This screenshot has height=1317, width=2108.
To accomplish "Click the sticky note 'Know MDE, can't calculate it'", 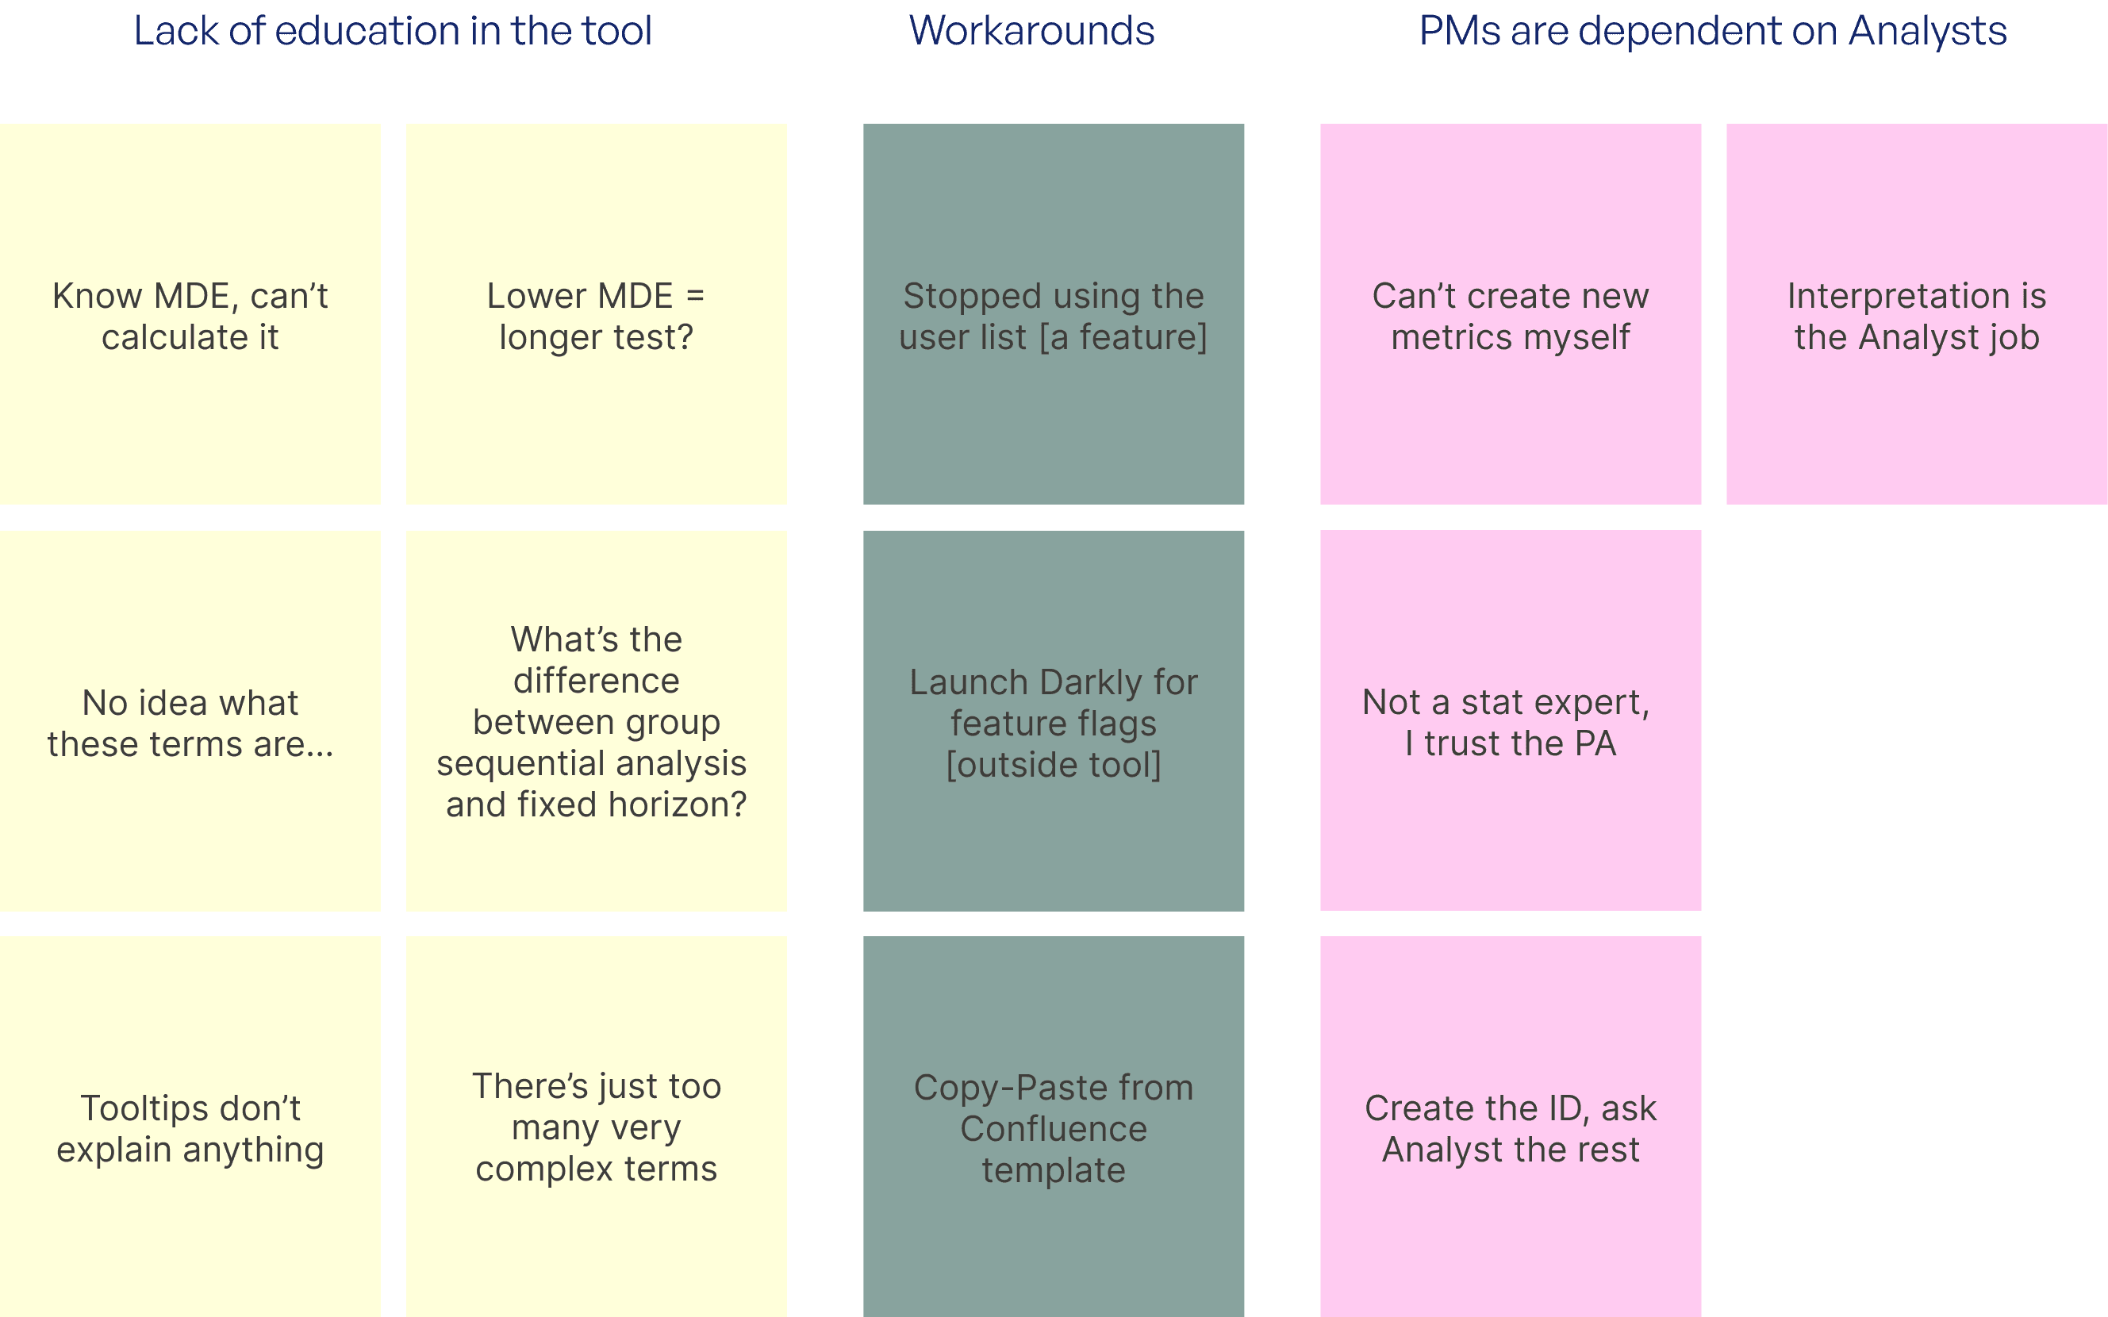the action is click(x=190, y=313).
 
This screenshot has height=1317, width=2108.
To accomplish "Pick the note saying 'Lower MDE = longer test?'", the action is click(x=597, y=313).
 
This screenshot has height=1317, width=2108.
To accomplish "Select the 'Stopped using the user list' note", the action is click(x=1053, y=313).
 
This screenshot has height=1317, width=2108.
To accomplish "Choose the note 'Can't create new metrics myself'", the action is click(x=1511, y=313).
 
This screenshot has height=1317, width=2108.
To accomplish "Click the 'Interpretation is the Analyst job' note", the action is click(x=1916, y=313).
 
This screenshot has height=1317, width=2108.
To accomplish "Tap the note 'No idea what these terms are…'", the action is click(x=190, y=721).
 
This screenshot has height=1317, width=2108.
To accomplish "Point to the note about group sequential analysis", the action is click(x=597, y=721).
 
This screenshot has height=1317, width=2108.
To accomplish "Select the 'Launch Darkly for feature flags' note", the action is click(x=1053, y=721).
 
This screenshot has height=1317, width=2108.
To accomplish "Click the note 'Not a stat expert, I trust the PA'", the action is click(x=1511, y=720).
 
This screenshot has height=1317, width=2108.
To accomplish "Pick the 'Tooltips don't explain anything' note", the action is click(x=190, y=1127).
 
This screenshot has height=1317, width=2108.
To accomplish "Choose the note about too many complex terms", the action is click(x=597, y=1127).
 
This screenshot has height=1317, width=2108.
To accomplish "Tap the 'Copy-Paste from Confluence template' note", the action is click(x=1053, y=1127).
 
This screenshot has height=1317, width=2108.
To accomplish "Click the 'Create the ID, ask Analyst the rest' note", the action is click(x=1511, y=1127).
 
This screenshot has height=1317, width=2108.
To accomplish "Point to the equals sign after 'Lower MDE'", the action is click(x=695, y=296).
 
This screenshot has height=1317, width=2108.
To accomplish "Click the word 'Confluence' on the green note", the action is click(x=1053, y=1129).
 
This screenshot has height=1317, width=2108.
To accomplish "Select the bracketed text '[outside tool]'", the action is click(x=1053, y=765).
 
